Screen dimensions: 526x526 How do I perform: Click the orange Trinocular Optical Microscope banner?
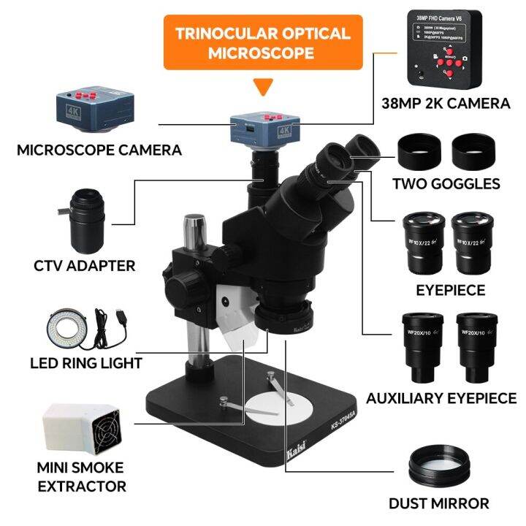point(263,43)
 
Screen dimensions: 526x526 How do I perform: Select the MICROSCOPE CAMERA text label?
point(99,150)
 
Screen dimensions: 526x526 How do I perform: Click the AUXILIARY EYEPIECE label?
point(441,398)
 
